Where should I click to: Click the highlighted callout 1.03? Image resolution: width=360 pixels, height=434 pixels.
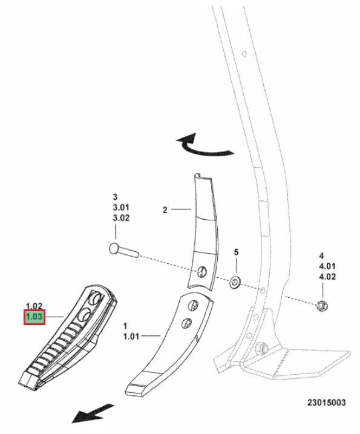34,317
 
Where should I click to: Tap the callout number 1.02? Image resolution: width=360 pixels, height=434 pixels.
34,306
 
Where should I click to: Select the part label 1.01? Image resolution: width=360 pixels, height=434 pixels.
131,337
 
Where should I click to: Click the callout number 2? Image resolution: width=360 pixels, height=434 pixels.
165,210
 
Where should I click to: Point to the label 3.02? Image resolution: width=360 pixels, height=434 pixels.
121,218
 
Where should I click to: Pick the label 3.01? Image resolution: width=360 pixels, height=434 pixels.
121,207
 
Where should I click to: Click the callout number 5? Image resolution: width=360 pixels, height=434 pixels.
236,252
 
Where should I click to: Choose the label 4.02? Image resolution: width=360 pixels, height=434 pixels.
327,277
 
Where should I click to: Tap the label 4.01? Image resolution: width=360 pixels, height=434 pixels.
327,266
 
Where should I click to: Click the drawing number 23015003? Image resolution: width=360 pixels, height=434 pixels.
327,402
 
